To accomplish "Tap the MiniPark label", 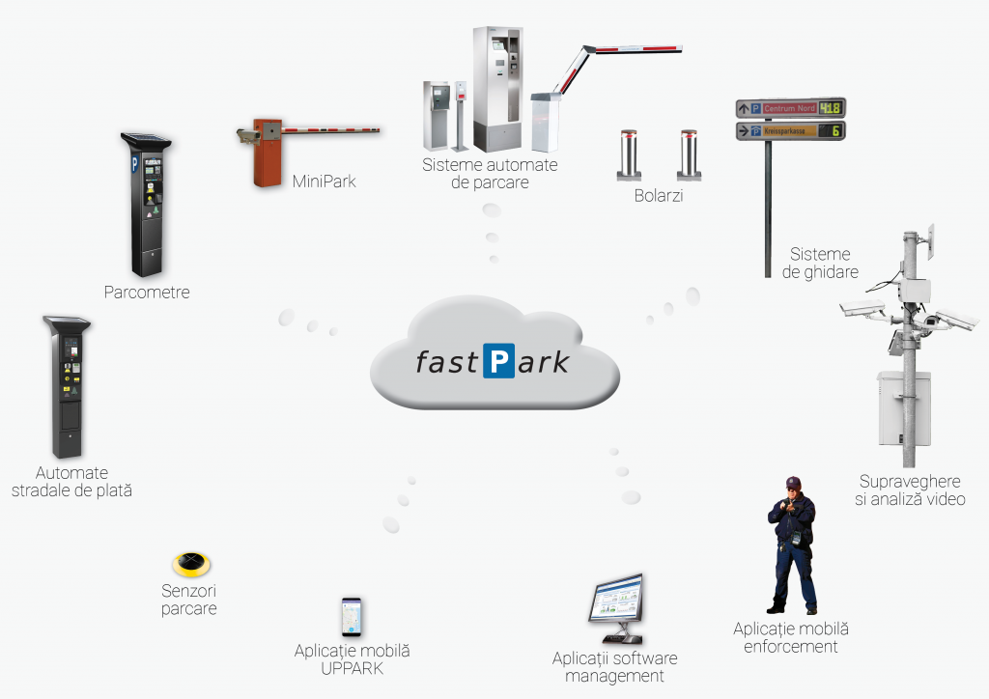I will coord(324,181).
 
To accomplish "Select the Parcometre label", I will coord(147,292).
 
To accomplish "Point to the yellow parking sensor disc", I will coord(190,564).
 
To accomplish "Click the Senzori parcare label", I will coord(189,600).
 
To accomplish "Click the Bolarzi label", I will coord(661,196).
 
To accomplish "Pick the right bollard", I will coord(688,154).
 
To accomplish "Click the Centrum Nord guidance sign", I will coord(790,108).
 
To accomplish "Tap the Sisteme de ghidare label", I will coord(820,263).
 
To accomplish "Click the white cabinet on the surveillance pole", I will coord(902,405).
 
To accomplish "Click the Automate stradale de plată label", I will coord(71,482).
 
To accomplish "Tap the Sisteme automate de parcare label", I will coord(490,174).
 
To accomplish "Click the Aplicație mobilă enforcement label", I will coord(790,638).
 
